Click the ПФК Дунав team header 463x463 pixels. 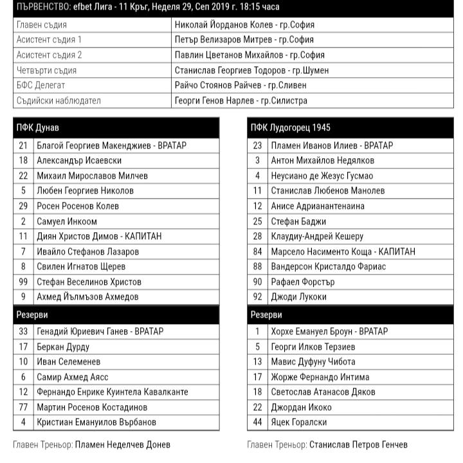38,127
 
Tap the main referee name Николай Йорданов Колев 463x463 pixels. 244,25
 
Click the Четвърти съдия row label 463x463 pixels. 46,70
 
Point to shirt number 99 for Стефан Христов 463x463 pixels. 23,282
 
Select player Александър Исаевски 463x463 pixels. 79,161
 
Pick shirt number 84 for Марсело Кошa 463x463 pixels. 257,251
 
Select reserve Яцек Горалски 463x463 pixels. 299,422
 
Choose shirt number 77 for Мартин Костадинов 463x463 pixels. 23,407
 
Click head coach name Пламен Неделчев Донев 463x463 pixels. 123,444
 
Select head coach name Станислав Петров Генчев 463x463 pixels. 358,444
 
